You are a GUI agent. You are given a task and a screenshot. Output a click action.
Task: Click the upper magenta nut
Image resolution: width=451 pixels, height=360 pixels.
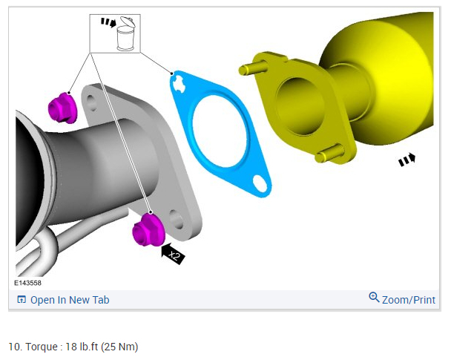pos(62,108)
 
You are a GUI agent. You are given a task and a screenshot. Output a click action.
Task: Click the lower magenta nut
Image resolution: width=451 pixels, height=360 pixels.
pos(148,230)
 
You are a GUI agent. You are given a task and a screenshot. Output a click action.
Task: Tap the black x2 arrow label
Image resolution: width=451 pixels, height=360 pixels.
pos(173,254)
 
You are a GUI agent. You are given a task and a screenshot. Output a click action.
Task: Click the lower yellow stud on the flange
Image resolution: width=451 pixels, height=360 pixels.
pos(329,154)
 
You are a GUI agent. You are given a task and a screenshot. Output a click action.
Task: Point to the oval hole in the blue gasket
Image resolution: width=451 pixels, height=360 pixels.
pos(260,183)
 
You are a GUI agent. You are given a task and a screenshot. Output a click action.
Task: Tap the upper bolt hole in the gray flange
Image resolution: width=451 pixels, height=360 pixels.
pos(92,103)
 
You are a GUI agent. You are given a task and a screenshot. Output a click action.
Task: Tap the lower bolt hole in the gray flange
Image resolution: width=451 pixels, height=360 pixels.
pos(176,219)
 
